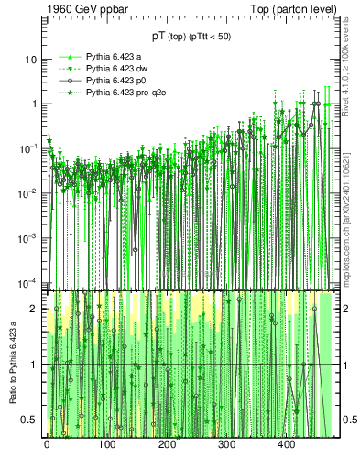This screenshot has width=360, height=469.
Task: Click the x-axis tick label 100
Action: click(106, 445)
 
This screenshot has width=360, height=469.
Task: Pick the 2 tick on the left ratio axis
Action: click(37, 310)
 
